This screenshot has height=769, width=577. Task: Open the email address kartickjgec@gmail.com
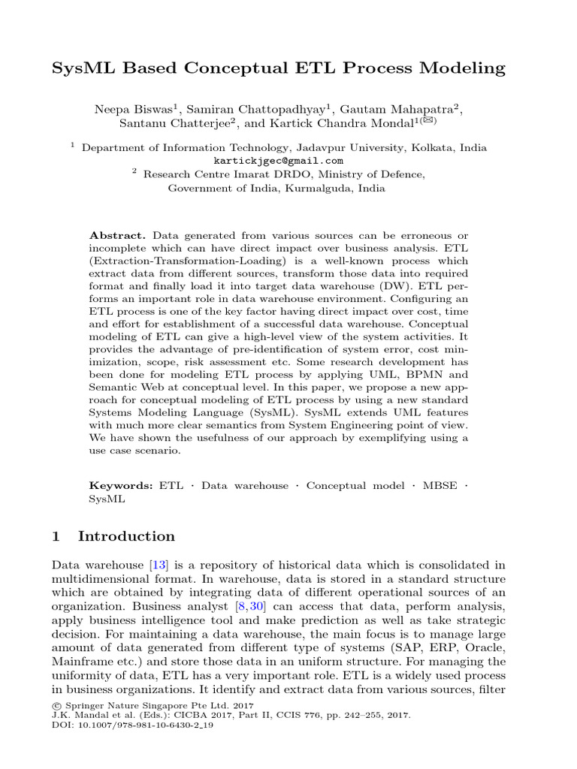pyautogui.click(x=279, y=161)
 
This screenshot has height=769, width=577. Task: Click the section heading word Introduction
pyautogui.click(x=126, y=536)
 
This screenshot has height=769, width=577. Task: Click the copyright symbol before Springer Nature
pyautogui.click(x=56, y=706)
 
